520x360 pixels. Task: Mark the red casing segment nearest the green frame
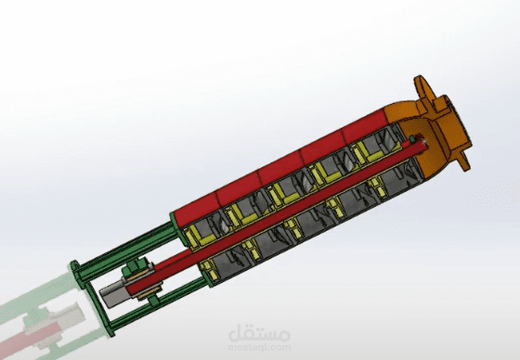coord(200,209)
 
